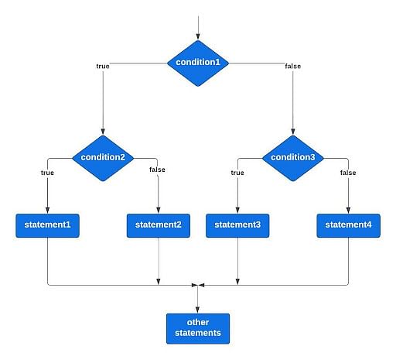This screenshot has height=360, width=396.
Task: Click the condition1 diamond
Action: tap(198, 63)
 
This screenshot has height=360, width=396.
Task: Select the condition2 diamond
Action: tap(103, 158)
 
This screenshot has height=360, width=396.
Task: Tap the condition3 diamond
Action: tap(293, 158)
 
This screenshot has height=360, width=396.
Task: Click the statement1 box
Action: tap(47, 225)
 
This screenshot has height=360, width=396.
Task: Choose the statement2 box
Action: tap(159, 225)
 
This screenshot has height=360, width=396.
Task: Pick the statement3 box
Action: tap(237, 225)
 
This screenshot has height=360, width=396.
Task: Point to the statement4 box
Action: tap(348, 225)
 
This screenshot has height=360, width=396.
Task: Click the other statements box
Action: tap(198, 328)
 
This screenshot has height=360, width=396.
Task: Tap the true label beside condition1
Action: tap(103, 67)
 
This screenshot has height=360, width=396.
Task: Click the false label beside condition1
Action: tap(293, 67)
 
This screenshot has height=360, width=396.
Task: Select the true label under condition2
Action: tap(47, 173)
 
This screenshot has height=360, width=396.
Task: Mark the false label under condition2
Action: tap(157, 170)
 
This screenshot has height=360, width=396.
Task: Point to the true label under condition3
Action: tap(237, 173)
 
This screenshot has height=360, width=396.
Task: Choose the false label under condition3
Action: tap(348, 173)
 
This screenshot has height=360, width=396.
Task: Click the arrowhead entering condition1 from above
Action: tap(198, 36)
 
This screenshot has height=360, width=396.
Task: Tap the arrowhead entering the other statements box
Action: tap(197, 310)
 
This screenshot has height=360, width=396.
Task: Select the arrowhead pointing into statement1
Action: tap(47, 210)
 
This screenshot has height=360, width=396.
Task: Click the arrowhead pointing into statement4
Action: tap(348, 210)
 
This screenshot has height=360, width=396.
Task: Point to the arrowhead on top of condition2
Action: tap(103, 132)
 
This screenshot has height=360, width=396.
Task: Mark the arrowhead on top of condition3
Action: tap(293, 132)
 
